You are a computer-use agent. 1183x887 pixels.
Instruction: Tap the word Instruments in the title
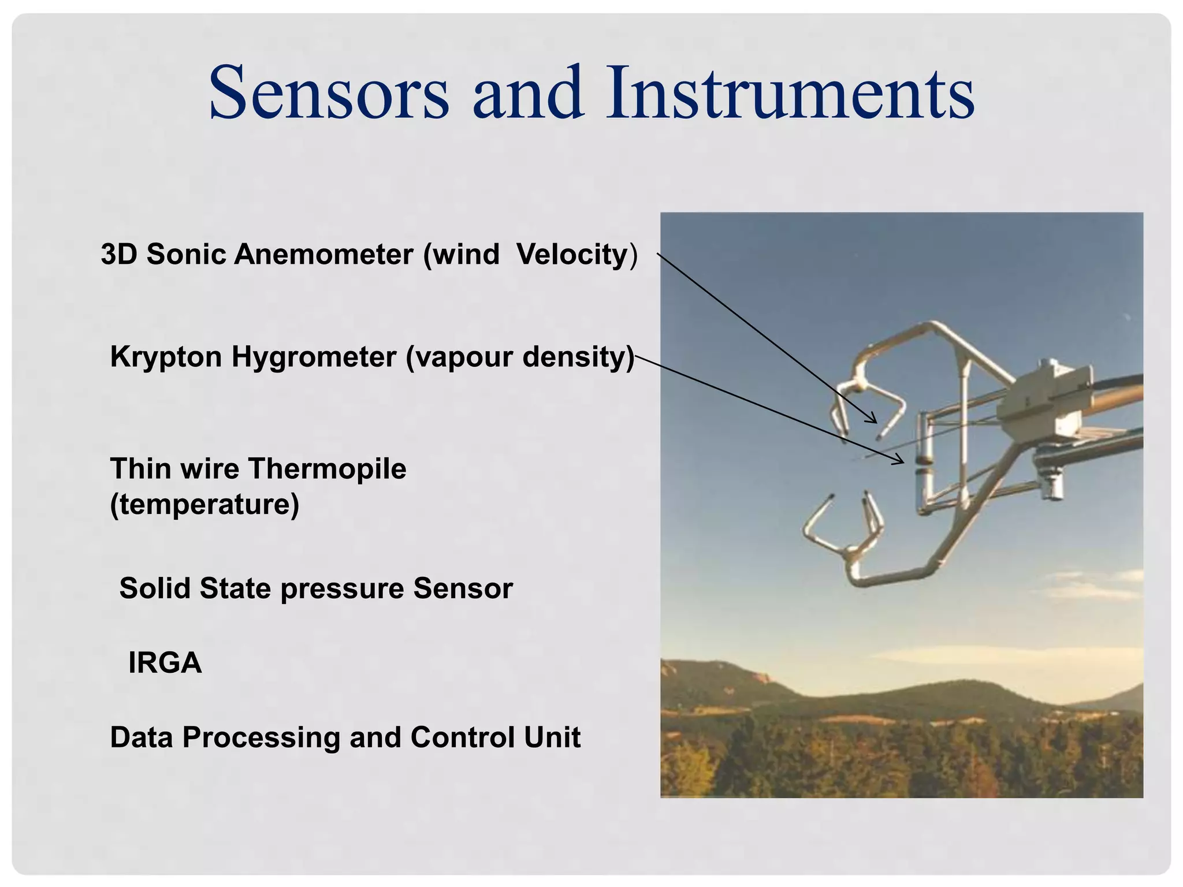click(790, 94)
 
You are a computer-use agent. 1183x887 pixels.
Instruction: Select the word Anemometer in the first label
click(323, 254)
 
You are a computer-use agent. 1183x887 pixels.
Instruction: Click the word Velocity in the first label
click(572, 254)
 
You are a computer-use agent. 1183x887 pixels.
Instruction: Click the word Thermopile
click(328, 468)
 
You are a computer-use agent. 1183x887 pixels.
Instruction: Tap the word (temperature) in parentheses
click(204, 504)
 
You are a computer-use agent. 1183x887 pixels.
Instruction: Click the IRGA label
click(165, 662)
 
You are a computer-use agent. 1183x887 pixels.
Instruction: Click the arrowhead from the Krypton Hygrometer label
click(900, 461)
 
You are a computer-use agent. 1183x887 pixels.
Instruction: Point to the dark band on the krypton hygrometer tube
click(923, 461)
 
